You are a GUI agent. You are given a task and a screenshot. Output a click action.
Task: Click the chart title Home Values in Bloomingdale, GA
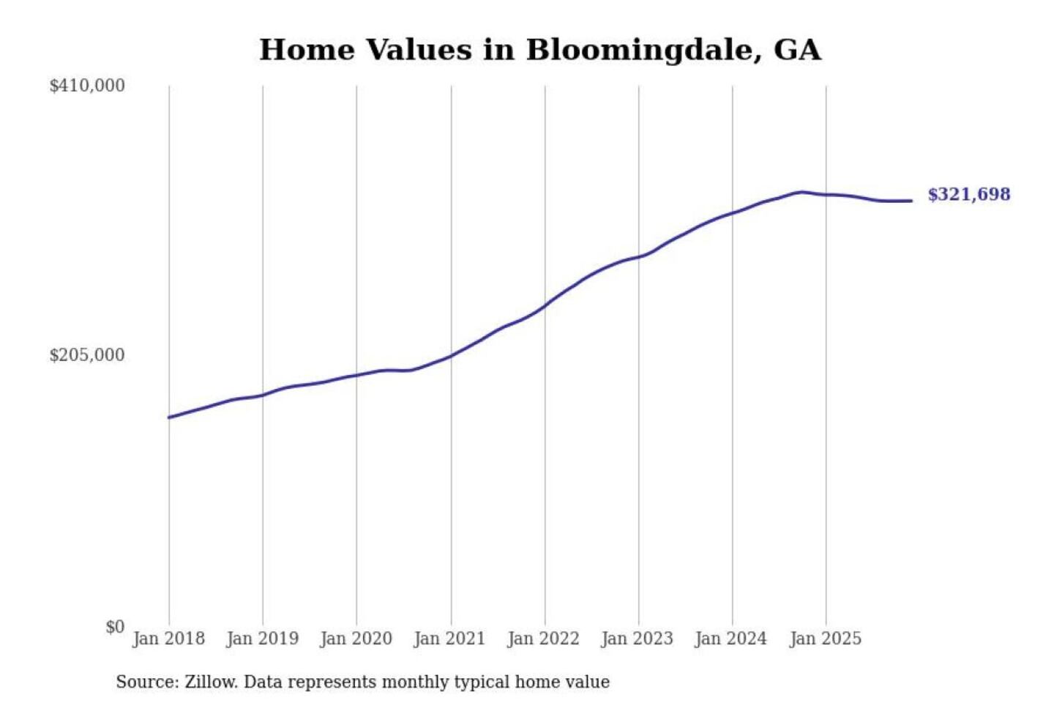(540, 50)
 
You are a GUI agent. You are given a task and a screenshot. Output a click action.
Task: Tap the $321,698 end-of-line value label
(968, 194)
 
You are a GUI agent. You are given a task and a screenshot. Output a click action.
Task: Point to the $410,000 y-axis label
(87, 86)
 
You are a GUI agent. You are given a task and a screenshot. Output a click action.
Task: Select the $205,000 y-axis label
(87, 355)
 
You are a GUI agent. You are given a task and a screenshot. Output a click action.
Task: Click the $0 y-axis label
(115, 627)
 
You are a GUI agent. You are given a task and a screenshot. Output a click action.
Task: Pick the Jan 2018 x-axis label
(168, 639)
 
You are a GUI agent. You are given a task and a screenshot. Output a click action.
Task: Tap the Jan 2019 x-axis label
(262, 639)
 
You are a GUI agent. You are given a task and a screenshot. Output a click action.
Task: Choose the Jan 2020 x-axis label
(356, 639)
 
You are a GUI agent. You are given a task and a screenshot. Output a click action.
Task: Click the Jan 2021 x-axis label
(449, 639)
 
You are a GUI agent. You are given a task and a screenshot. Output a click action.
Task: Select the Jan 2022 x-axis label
(543, 639)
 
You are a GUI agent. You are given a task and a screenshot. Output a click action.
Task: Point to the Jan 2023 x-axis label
(637, 639)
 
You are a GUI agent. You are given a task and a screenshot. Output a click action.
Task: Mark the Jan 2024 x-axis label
(730, 639)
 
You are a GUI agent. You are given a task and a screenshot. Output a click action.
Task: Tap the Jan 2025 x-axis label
(825, 639)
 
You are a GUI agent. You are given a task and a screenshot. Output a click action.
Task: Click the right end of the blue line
(911, 201)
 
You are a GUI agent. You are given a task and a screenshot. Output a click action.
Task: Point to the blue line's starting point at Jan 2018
(169, 417)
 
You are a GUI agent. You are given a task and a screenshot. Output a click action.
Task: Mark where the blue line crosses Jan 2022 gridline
(545, 305)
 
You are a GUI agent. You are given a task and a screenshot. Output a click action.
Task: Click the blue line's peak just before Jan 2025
(801, 192)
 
